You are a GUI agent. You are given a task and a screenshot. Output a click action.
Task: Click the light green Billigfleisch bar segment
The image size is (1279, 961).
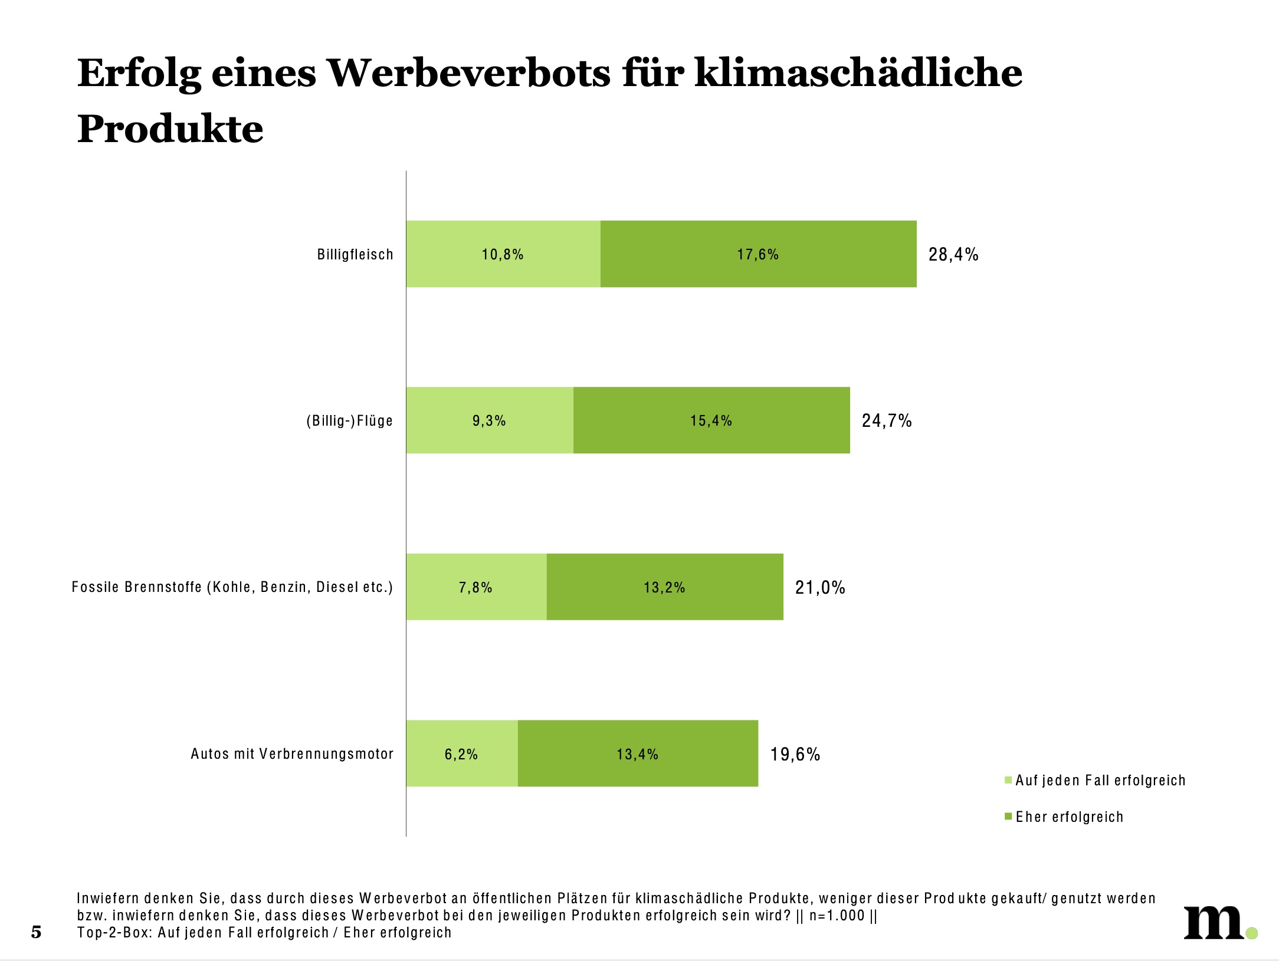503,254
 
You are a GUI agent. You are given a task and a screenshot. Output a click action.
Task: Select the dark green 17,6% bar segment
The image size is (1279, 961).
758,254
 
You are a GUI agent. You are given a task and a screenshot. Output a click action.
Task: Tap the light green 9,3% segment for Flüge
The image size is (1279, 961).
489,420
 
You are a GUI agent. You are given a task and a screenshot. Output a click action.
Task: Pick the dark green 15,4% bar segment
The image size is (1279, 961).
711,420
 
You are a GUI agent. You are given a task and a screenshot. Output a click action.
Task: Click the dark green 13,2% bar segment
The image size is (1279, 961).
664,587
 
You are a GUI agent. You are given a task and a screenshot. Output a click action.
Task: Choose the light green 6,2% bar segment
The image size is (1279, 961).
461,754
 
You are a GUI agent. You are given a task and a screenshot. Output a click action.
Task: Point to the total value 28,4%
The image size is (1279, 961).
953,255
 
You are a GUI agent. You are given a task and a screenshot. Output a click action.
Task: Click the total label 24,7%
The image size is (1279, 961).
887,421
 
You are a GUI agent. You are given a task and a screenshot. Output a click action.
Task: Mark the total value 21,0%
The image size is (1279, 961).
820,588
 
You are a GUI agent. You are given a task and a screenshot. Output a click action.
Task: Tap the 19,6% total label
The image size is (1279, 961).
795,755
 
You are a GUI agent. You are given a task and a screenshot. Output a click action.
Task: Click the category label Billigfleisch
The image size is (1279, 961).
355,255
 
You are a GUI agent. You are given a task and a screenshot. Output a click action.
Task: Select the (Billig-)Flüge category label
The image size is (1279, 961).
349,421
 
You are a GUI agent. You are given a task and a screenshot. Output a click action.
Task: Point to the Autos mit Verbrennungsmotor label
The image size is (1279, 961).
292,754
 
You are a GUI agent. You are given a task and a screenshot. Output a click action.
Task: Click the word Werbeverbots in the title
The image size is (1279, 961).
469,74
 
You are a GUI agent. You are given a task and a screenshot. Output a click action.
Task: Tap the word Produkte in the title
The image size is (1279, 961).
170,129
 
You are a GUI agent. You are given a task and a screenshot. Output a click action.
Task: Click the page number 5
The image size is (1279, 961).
36,932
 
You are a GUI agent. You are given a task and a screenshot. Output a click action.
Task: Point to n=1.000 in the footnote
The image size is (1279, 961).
837,916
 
